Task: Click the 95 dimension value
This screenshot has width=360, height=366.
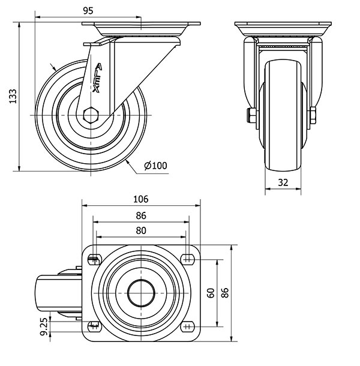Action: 88,11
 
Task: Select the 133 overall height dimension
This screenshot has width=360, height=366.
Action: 13,96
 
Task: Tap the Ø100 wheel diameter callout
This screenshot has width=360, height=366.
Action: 156,166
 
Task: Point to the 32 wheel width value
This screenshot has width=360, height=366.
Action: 283,182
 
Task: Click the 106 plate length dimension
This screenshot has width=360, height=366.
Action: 141,199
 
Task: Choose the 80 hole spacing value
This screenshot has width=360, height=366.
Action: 141,230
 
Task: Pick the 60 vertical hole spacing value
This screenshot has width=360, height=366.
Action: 211,293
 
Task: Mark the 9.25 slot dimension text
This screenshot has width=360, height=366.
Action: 44,327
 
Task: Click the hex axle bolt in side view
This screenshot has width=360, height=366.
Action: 91,115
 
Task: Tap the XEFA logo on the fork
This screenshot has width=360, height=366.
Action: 98,78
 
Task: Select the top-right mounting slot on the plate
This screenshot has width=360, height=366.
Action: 188,259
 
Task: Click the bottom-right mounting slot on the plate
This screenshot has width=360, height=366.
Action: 188,327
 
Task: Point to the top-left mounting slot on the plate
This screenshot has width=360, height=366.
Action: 95,259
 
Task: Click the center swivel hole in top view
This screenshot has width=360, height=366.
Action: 141,293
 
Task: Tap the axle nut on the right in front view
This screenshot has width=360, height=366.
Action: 313,116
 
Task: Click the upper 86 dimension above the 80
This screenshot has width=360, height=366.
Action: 141,215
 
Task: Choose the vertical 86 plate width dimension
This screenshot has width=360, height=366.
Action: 225,293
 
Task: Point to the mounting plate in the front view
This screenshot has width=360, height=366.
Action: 283,24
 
